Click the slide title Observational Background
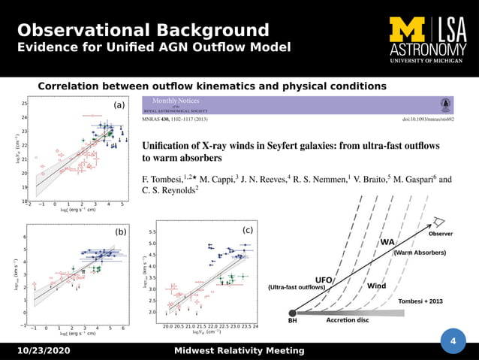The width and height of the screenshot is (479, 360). pos(143,31)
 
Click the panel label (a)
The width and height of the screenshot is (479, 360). pos(119,105)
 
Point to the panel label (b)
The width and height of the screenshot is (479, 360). pos(120,233)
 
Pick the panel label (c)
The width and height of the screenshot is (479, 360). pos(247,229)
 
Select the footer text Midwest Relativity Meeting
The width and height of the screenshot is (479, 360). pos(239,351)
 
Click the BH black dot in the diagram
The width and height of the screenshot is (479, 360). pos(291,313)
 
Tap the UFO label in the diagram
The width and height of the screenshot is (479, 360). pos(324,280)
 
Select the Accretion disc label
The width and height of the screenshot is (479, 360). pos(347,320)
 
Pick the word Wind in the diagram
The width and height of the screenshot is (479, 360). pos(376,286)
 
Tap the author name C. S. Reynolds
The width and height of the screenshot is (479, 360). pos(169,192)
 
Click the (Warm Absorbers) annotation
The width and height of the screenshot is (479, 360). pos(420,253)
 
